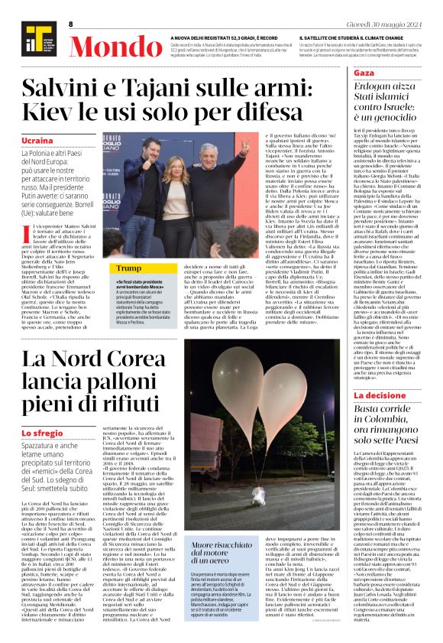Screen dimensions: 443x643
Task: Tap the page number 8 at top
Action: point(70,24)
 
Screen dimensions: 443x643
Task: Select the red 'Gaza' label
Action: point(343,71)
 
